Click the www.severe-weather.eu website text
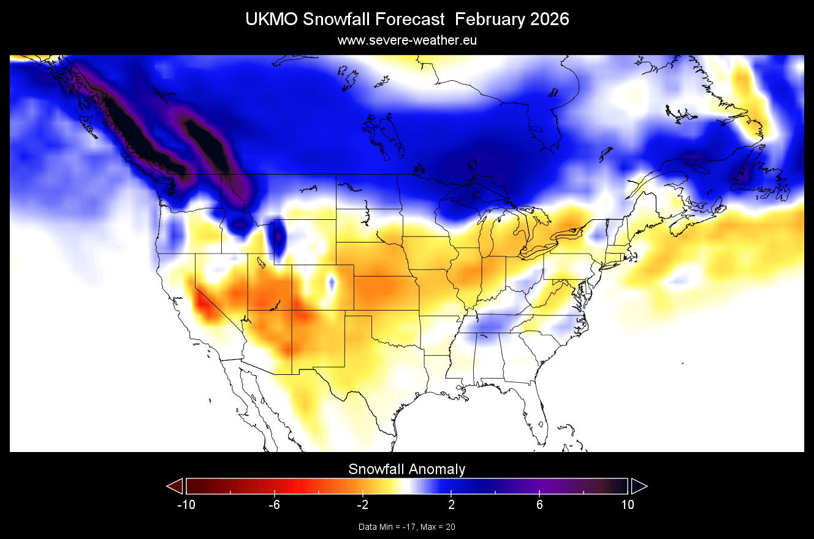pos(407,40)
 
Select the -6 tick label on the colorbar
pos(273,505)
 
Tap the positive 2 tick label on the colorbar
pos(451,505)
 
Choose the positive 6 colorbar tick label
pos(539,505)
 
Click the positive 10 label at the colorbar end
pos(627,505)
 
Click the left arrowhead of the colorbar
pos(175,486)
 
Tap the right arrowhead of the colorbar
pos(639,486)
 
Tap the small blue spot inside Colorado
pos(332,282)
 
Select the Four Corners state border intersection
pos(292,311)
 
